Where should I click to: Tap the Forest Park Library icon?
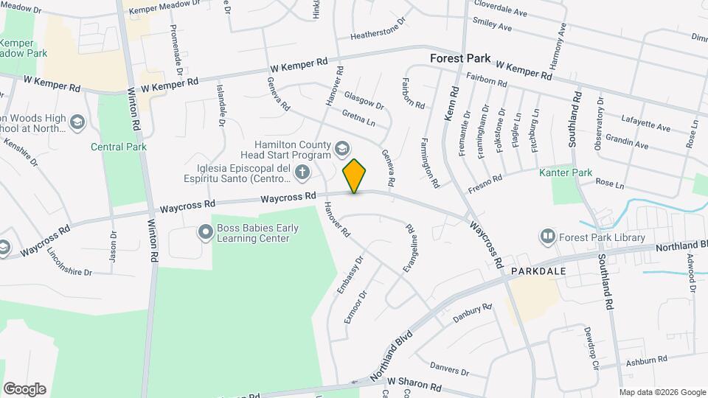pos(548,237)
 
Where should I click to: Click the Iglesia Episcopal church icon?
pos(301,172)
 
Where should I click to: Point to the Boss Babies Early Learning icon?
pos(204,233)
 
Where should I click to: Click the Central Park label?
pos(119,147)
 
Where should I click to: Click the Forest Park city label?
pos(457,57)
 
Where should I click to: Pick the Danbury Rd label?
pos(471,313)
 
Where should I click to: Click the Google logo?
pos(24,388)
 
